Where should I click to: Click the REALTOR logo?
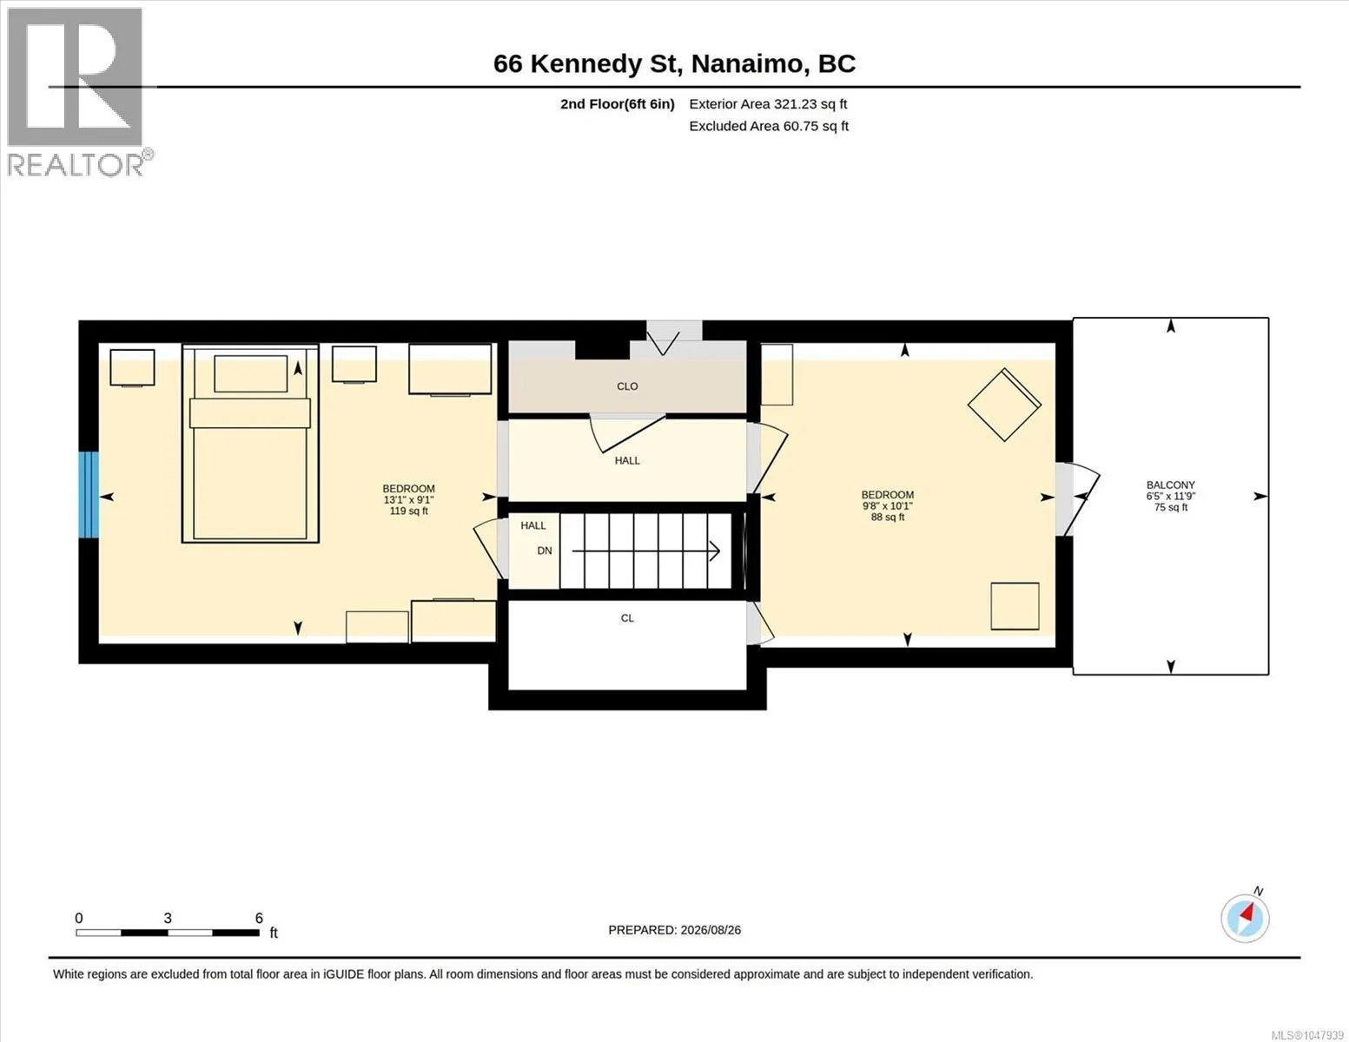pos(79,93)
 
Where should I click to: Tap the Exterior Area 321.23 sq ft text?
pos(768,104)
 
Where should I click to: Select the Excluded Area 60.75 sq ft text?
pos(769,126)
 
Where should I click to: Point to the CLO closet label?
pos(627,386)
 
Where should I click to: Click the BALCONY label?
pos(1170,485)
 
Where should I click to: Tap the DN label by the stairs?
pos(545,551)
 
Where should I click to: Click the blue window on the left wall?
pos(88,495)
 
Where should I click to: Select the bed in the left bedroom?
pos(250,443)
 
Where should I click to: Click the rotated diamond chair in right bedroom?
pos(1004,405)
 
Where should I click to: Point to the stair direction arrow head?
pos(715,551)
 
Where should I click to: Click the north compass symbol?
pos(1246,918)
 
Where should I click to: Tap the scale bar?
pos(168,932)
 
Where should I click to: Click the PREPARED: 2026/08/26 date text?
pos(674,930)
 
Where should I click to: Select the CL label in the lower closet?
pos(627,618)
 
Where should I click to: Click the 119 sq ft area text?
pos(408,511)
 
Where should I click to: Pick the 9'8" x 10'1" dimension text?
pos(887,505)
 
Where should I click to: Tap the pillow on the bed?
pos(251,373)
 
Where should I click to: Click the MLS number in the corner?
pos(1307,1035)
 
